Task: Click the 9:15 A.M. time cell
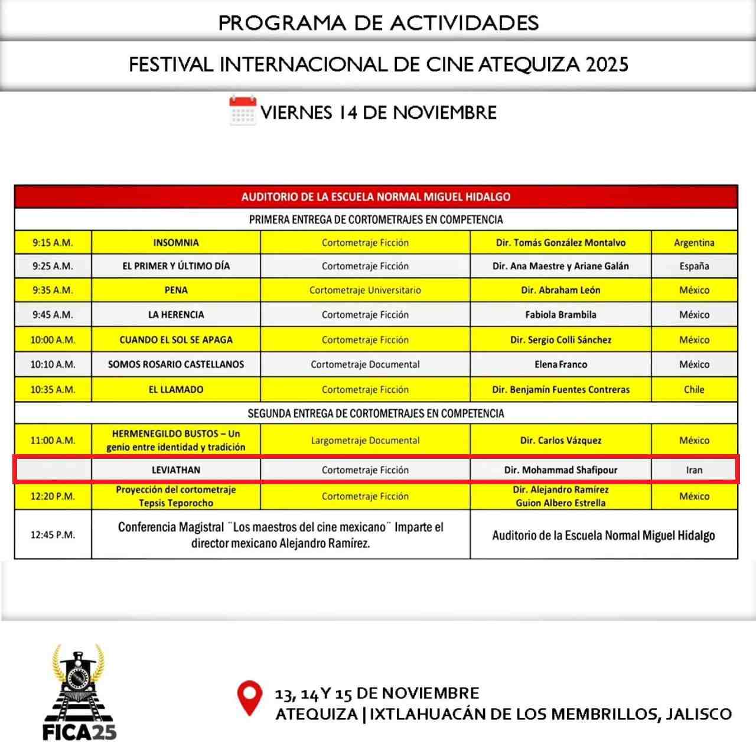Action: click(x=53, y=243)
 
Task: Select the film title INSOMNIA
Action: click(x=176, y=243)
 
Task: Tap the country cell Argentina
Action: click(x=694, y=243)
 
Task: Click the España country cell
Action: click(x=694, y=266)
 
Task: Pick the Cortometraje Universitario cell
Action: click(x=365, y=291)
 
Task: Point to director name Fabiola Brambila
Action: click(x=561, y=315)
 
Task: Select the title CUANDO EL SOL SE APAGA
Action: click(x=176, y=340)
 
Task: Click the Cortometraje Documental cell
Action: click(x=365, y=364)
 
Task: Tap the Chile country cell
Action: click(x=694, y=390)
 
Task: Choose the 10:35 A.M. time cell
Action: click(x=53, y=390)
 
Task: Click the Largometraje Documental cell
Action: click(x=365, y=441)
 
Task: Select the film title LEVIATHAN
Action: click(x=176, y=470)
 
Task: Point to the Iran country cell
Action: click(x=694, y=470)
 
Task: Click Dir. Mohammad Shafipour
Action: click(x=561, y=470)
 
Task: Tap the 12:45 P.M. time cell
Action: click(x=53, y=535)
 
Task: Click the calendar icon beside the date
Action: click(x=242, y=111)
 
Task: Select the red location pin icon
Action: click(x=249, y=698)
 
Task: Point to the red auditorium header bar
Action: click(x=376, y=197)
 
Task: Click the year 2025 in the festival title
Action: click(x=607, y=64)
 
